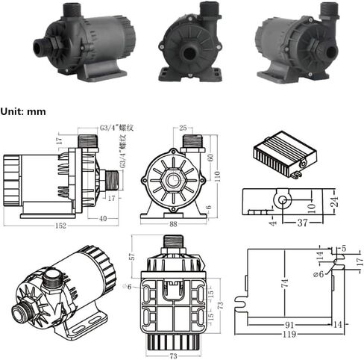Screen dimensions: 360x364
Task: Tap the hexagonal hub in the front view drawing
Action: [174, 179]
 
